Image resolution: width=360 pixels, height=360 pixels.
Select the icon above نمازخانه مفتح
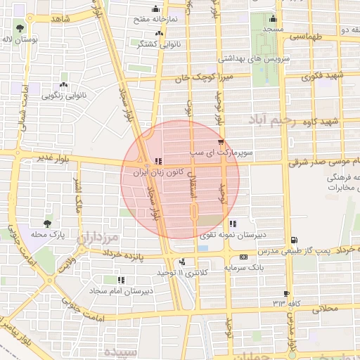click(x=156, y=9)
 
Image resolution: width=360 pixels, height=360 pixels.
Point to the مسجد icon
click(x=272, y=19)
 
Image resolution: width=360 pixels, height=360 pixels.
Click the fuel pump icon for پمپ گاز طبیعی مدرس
click(x=293, y=240)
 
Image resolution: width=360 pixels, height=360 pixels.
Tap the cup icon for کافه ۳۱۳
click(x=286, y=293)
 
